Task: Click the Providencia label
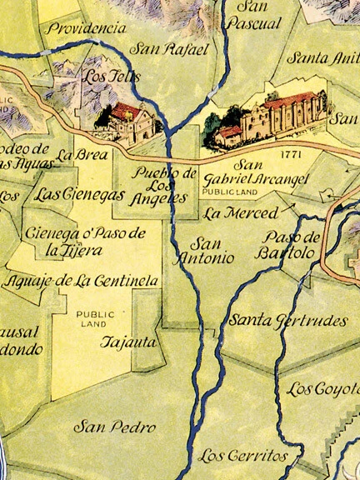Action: point(87,28)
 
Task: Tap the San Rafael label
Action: point(172,50)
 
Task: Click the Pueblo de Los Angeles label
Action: point(166,187)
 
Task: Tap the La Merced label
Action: point(242,213)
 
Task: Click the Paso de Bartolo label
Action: point(288,244)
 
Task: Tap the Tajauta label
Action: point(127,342)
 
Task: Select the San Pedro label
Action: point(115,427)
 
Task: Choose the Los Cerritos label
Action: point(243,456)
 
